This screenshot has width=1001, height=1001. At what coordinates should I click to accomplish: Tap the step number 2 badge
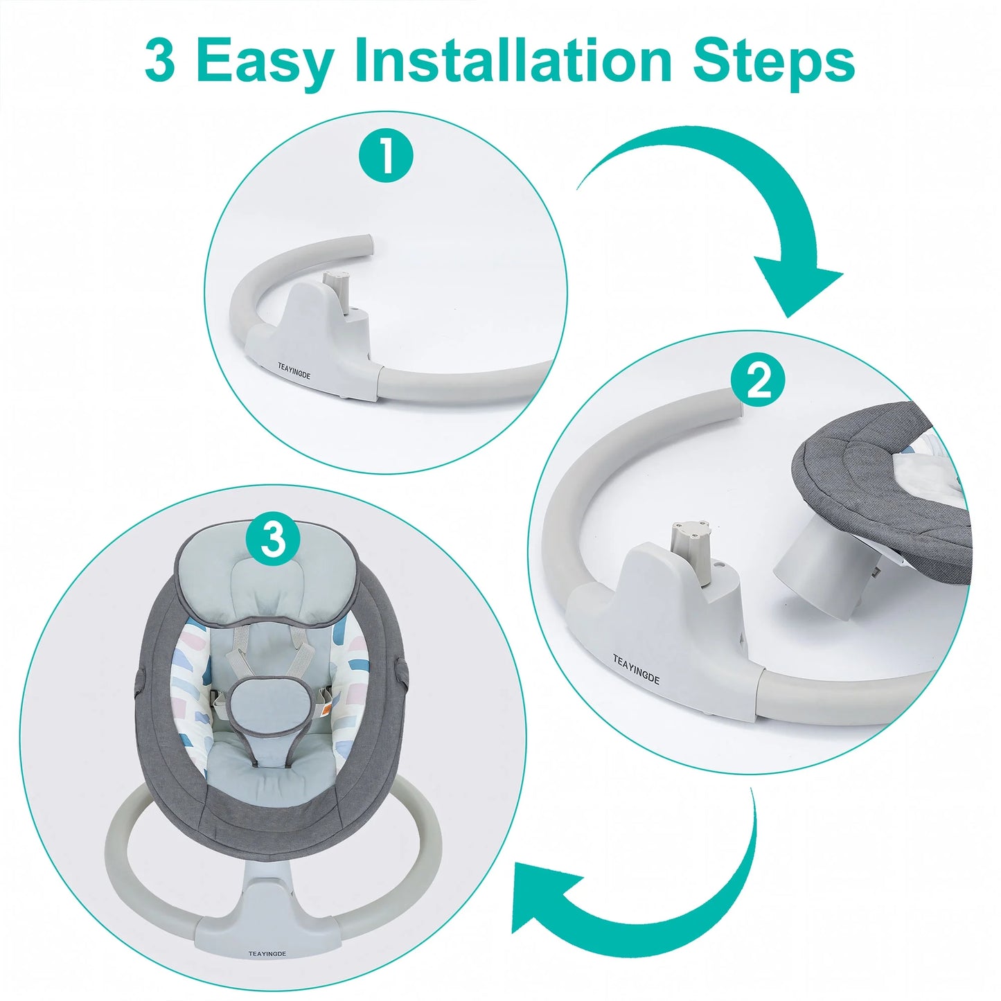[x=758, y=383]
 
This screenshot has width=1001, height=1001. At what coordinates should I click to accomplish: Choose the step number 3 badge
[x=274, y=540]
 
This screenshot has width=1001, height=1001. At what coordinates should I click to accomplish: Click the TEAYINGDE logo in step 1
[x=294, y=371]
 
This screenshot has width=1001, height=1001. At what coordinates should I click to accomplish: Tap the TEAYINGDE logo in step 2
[x=636, y=670]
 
